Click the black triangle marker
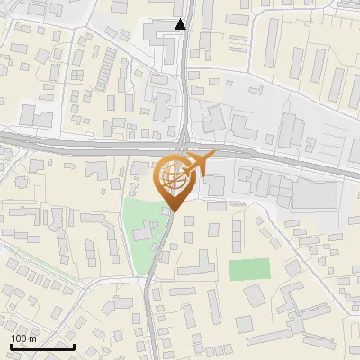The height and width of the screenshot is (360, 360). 181,24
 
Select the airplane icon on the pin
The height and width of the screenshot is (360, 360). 199,164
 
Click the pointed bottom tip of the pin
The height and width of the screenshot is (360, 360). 174,211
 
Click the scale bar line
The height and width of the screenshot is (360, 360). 42,346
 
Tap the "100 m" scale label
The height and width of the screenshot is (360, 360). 24,338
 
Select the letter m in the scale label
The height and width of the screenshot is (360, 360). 33,338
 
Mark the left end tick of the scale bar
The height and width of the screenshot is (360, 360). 11,345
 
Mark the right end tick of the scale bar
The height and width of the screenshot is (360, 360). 74,345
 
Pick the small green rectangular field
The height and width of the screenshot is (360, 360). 249,269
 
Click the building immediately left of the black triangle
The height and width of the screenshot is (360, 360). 163,37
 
